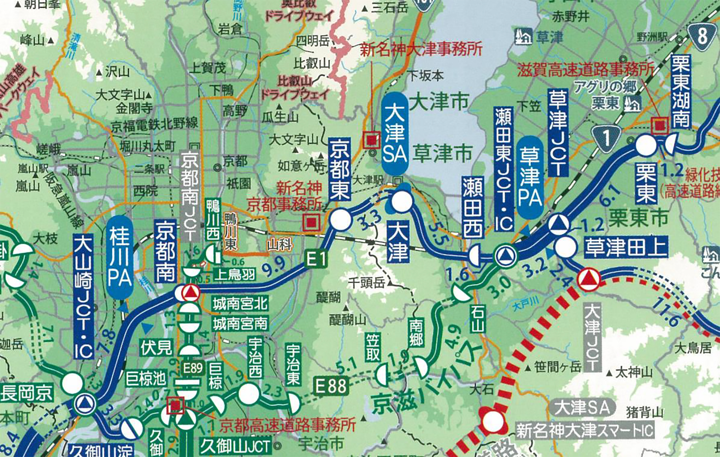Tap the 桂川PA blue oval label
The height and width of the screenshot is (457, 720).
tap(120, 257)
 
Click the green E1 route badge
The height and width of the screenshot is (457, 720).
tap(317, 259)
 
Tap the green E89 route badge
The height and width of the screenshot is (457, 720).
tap(193, 368)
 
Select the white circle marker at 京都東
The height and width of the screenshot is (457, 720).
tap(341, 220)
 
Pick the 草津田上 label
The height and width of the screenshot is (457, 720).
tap(625, 247)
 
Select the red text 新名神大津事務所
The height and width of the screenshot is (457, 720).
tap(421, 49)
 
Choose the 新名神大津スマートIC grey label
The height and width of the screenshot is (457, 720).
tap(585, 430)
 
